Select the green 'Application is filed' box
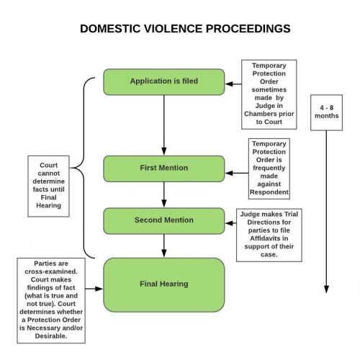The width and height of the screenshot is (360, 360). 163,81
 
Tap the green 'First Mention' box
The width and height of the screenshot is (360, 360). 163,168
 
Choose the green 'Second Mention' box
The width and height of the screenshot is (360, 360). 163,220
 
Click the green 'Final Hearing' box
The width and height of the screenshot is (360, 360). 163,284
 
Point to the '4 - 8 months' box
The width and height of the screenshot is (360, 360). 325,112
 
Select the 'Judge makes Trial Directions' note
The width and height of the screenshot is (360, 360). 268,235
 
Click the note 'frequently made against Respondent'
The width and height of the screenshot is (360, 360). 269,168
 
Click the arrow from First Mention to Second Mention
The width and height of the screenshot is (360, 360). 163,194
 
